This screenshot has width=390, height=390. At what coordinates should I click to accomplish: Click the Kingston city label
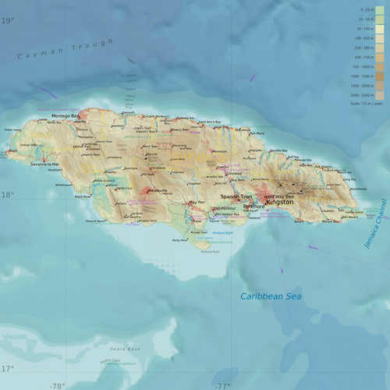(279, 202)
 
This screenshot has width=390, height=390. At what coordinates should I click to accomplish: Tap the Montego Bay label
(66, 116)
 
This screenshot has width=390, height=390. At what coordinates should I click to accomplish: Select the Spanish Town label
(236, 197)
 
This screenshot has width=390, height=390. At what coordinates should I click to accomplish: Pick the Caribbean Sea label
(270, 296)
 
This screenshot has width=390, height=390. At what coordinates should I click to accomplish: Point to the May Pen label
(197, 203)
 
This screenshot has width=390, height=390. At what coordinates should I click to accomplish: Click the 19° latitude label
(7, 21)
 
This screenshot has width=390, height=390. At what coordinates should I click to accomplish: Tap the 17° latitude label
(7, 368)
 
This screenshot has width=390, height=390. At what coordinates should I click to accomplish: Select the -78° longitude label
(57, 385)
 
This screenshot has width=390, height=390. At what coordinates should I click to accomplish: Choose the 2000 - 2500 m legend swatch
(380, 94)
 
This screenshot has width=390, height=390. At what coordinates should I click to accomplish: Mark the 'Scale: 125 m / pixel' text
(367, 103)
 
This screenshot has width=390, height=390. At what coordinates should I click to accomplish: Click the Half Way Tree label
(279, 196)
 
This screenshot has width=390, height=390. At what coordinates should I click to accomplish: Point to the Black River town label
(83, 197)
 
